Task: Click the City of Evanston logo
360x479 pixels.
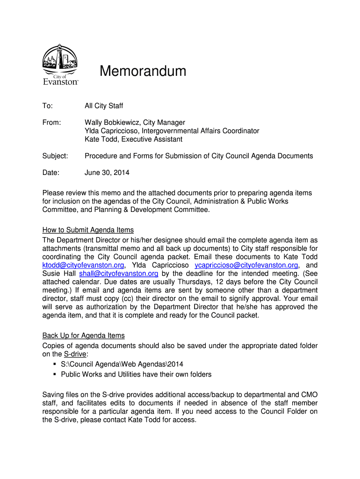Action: point(60,65)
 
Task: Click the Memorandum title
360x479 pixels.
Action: point(143,72)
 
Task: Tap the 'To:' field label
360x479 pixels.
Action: point(48,106)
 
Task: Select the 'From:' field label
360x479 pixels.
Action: point(52,123)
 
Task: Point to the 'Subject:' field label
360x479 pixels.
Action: point(55,156)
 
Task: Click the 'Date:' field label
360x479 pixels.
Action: point(51,173)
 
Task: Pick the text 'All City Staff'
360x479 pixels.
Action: point(104,106)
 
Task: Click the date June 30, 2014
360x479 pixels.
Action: point(107,173)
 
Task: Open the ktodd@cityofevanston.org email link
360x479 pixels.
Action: point(83,265)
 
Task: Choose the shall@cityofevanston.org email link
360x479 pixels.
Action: point(119,274)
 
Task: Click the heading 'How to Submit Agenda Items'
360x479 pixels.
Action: point(88,230)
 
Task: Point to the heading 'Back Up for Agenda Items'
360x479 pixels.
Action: point(84,335)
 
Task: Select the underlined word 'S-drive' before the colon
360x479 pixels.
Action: point(75,354)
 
